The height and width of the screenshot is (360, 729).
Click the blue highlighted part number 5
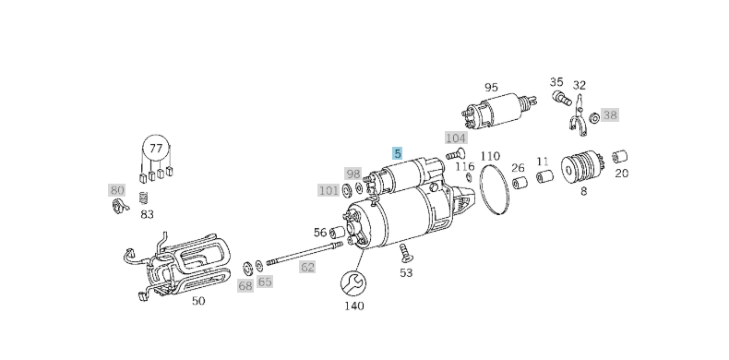[x=398, y=154]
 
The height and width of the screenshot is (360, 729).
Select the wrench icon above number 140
[x=353, y=282]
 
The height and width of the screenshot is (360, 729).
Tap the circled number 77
[x=156, y=148]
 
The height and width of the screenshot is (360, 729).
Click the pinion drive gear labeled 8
[x=582, y=169]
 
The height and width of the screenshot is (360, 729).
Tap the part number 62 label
[x=307, y=268]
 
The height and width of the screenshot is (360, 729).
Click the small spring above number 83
[x=143, y=198]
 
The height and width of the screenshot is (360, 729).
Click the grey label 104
[x=456, y=138]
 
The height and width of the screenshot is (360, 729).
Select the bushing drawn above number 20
[x=621, y=154]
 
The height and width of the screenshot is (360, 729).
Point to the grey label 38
[x=610, y=115]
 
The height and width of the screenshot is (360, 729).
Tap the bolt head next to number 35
[x=559, y=96]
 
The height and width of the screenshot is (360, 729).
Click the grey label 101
[x=329, y=190]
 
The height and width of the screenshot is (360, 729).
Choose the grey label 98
[x=353, y=174]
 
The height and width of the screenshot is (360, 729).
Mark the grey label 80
[x=117, y=190]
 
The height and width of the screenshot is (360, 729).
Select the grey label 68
[x=245, y=286]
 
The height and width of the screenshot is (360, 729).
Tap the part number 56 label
[x=319, y=233]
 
